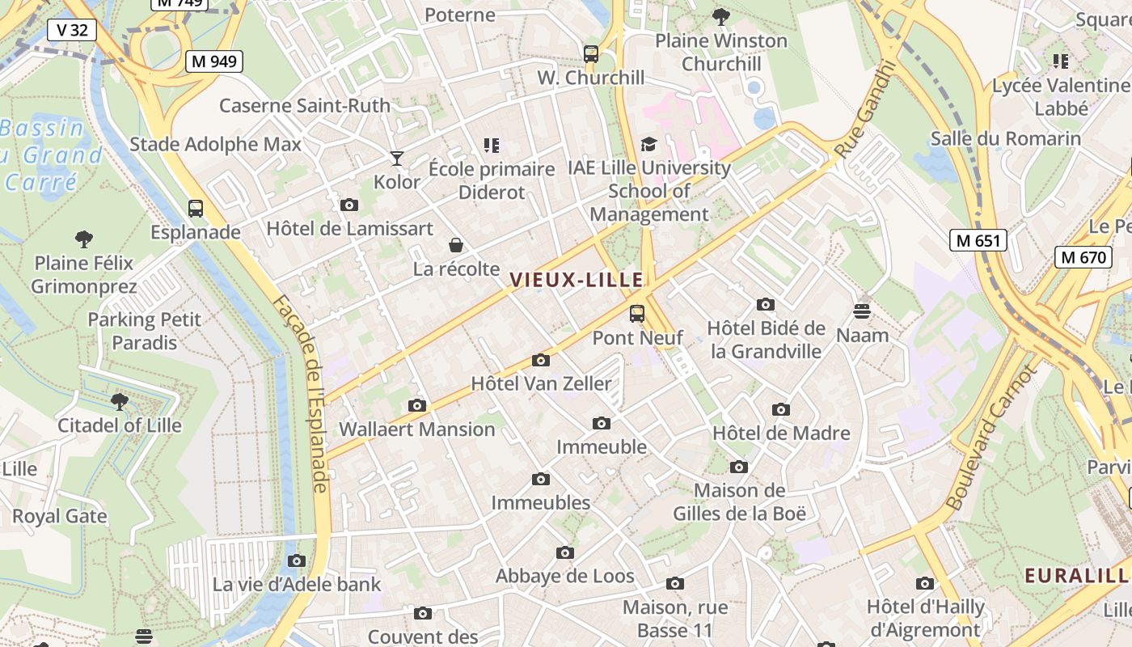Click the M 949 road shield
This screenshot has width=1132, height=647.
click(214, 61)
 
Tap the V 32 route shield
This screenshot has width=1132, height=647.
click(72, 31)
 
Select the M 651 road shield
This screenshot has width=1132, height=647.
click(978, 239)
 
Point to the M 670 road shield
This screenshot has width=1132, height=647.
click(1083, 257)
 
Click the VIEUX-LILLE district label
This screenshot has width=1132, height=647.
click(577, 281)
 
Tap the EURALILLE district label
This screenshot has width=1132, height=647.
click(1076, 576)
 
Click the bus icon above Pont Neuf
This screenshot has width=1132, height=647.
click(637, 314)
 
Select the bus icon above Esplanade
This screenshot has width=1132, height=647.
click(196, 209)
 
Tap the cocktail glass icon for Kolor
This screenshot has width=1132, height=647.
click(396, 159)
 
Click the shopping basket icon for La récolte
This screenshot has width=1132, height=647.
click(456, 245)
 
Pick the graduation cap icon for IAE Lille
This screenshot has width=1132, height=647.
click(648, 144)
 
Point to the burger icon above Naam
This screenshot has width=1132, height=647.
click(862, 311)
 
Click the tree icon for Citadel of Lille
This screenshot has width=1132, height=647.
click(120, 401)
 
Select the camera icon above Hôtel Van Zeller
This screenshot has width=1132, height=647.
click(541, 360)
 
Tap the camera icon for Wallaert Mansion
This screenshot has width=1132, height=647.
click(417, 405)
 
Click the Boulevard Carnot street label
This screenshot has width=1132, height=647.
click(991, 438)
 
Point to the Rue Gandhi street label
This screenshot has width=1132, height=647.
click(864, 110)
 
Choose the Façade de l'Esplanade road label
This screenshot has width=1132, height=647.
click(299, 394)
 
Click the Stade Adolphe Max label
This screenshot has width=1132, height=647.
click(215, 145)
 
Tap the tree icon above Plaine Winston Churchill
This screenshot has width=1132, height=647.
click(720, 16)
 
